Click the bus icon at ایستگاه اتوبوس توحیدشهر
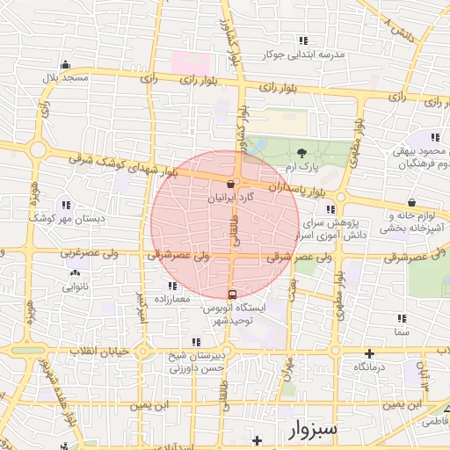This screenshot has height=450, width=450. tap(232, 294)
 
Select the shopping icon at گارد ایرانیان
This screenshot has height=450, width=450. tap(231, 185)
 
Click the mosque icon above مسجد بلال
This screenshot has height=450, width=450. tap(65, 65)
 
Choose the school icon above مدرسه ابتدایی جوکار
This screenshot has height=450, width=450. tap(304, 40)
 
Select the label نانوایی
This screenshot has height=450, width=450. tap(75, 287)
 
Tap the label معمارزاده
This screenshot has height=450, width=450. tap(172, 300)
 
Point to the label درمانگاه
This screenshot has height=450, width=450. tap(369, 365)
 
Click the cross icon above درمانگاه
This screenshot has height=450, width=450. tap(369, 352)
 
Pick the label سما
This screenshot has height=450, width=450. tap(402, 333)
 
